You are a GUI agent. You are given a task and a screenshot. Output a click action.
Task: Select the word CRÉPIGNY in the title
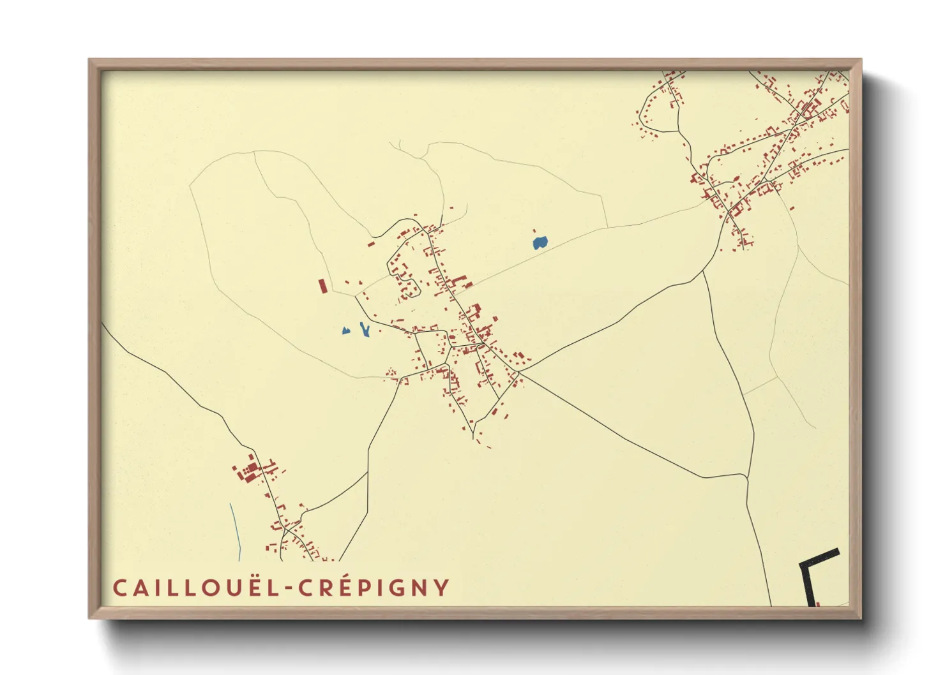(375, 588)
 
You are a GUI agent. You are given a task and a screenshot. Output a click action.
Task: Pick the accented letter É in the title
(343, 587)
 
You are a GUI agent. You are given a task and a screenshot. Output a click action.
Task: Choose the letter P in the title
(363, 588)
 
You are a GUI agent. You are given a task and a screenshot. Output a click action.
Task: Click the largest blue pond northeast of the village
(540, 242)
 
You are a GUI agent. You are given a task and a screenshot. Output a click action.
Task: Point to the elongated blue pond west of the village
(365, 330)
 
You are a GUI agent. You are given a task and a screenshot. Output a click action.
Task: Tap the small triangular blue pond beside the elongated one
(345, 330)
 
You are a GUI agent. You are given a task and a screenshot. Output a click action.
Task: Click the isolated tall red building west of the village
(322, 286)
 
